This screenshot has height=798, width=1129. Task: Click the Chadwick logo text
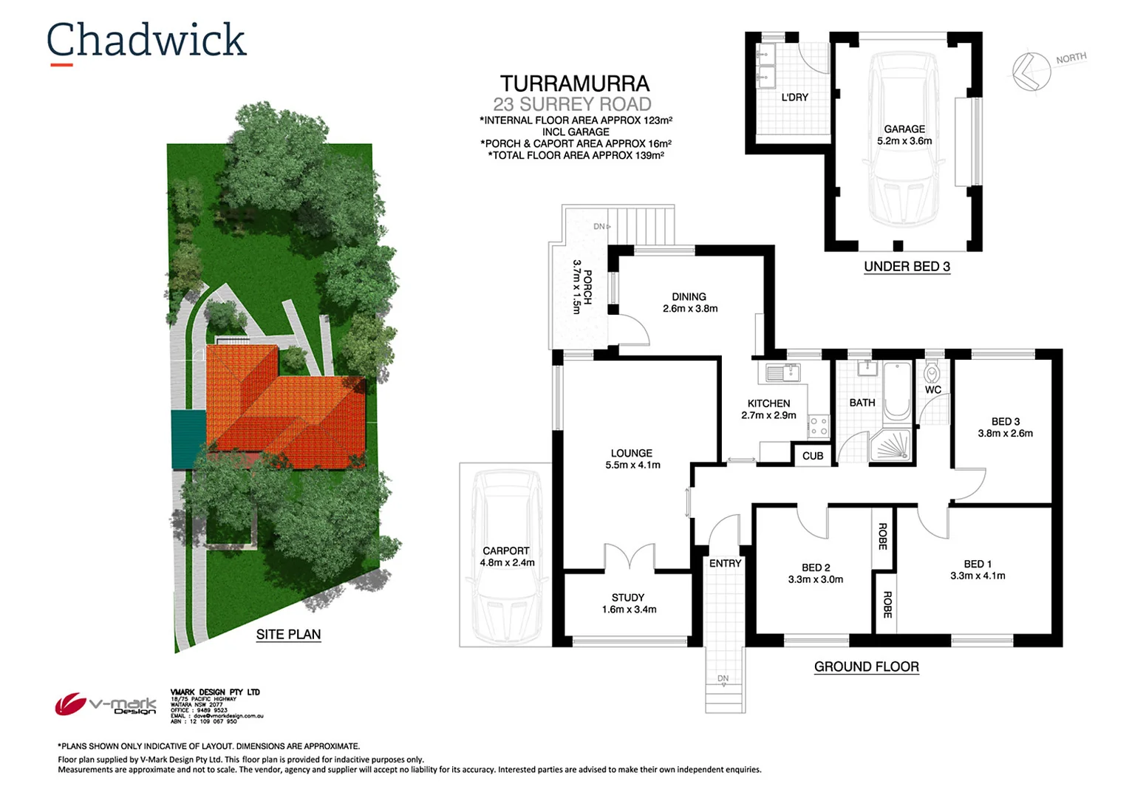click(x=146, y=41)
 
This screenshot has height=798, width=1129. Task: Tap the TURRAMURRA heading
click(x=574, y=84)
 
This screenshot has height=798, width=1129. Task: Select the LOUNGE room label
click(x=631, y=453)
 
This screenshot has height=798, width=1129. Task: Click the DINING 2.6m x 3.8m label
click(x=689, y=303)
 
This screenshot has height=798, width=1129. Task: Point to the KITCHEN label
click(x=768, y=403)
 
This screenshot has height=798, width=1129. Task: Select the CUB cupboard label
click(x=813, y=456)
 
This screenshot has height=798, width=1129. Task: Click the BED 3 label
click(x=1005, y=421)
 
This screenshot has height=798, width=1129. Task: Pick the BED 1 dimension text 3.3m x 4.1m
click(x=977, y=576)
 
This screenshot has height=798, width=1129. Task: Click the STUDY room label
click(x=628, y=597)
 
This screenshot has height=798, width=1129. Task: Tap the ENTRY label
click(x=725, y=563)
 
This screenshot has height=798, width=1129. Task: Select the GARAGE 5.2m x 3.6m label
click(x=904, y=134)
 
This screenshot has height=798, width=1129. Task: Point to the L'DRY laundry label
click(x=794, y=97)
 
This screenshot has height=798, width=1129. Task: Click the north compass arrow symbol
click(x=1030, y=72)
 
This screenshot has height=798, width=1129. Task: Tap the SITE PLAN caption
click(x=288, y=634)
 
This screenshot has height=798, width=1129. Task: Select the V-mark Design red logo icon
click(x=70, y=703)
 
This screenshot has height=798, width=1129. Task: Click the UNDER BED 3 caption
click(x=907, y=266)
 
